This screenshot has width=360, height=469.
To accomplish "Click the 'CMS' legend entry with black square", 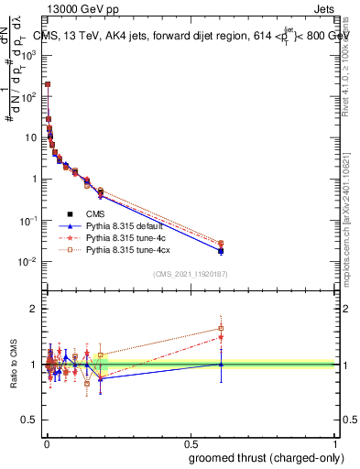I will [95, 213].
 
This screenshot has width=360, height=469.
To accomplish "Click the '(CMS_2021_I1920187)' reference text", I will [190, 273].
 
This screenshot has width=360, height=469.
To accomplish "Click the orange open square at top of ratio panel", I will [221, 328].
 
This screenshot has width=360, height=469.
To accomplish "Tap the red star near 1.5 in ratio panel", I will [221, 337].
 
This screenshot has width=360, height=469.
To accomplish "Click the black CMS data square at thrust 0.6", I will [221, 250].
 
